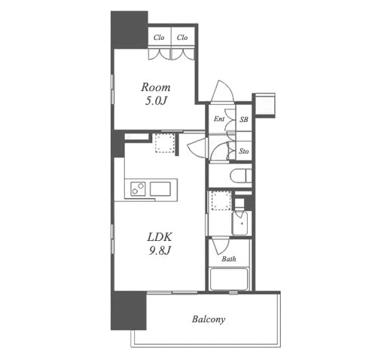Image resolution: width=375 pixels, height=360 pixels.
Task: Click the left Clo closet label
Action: point(159,38)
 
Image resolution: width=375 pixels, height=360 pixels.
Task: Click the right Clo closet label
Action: point(182,38)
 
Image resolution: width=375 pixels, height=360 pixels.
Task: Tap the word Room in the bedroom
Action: point(156,87)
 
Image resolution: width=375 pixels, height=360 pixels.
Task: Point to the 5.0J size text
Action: point(156,101)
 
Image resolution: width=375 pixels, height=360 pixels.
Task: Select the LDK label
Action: point(160,237)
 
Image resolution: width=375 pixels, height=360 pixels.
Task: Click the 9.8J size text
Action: point(160,250)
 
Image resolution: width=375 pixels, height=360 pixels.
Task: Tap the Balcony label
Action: point(209,319)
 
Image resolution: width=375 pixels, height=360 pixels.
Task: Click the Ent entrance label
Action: point(219,119)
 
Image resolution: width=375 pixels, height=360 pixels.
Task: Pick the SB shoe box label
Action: point(244,120)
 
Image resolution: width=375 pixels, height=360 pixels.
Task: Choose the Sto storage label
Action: point(244,151)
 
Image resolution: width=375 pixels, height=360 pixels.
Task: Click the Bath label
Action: point(229,259)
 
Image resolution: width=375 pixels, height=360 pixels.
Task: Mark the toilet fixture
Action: point(241,175)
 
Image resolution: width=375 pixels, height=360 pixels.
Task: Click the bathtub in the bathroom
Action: point(229,279)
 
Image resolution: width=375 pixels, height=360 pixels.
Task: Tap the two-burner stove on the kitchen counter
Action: point(138,189)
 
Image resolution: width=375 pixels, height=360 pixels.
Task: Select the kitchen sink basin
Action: point(160,189)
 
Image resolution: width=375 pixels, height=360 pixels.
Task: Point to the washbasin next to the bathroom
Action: point(239,223)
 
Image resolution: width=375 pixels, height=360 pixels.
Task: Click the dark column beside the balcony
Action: point(129,310)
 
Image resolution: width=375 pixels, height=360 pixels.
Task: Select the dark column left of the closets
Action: point(130,29)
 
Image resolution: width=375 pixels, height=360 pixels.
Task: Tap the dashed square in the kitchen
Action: point(165,143)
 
